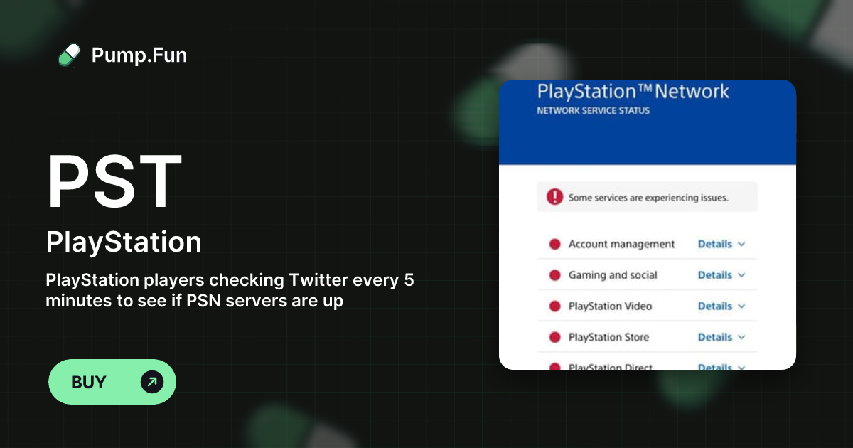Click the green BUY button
click(x=112, y=382)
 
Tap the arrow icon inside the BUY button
click(x=152, y=382)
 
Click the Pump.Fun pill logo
click(x=69, y=55)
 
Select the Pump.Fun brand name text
click(x=139, y=55)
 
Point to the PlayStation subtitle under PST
click(x=124, y=242)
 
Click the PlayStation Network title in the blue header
click(x=633, y=92)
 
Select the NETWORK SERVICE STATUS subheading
click(x=593, y=111)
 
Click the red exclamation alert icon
click(x=554, y=197)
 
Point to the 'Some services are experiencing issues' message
click(x=648, y=198)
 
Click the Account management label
click(x=621, y=244)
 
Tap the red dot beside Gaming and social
click(x=555, y=275)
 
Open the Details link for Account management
click(x=715, y=244)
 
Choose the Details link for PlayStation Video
click(x=715, y=306)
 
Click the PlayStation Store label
click(x=608, y=337)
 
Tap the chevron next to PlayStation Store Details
click(x=741, y=337)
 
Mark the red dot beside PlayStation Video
click(x=555, y=306)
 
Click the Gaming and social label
click(x=613, y=275)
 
